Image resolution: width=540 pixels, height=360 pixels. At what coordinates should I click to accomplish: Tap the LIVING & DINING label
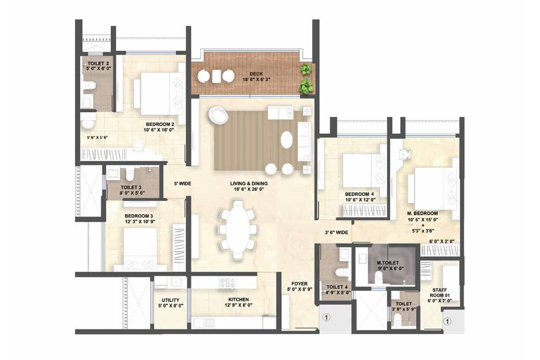(251, 184)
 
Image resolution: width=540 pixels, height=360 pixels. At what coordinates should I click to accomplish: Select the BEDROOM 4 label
(359, 194)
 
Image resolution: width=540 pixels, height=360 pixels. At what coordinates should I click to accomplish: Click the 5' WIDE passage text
(182, 184)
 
